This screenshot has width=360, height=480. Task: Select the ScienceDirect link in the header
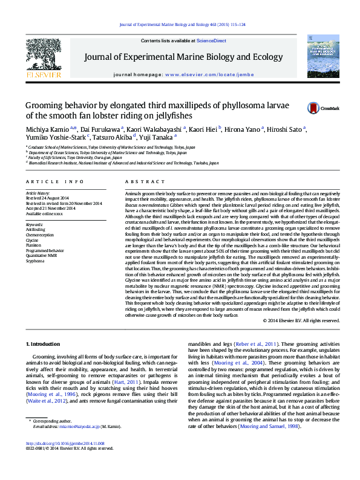pos(212,41)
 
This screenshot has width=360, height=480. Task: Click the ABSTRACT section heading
pos(141,181)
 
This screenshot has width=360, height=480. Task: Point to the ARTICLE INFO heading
pos(55,181)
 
